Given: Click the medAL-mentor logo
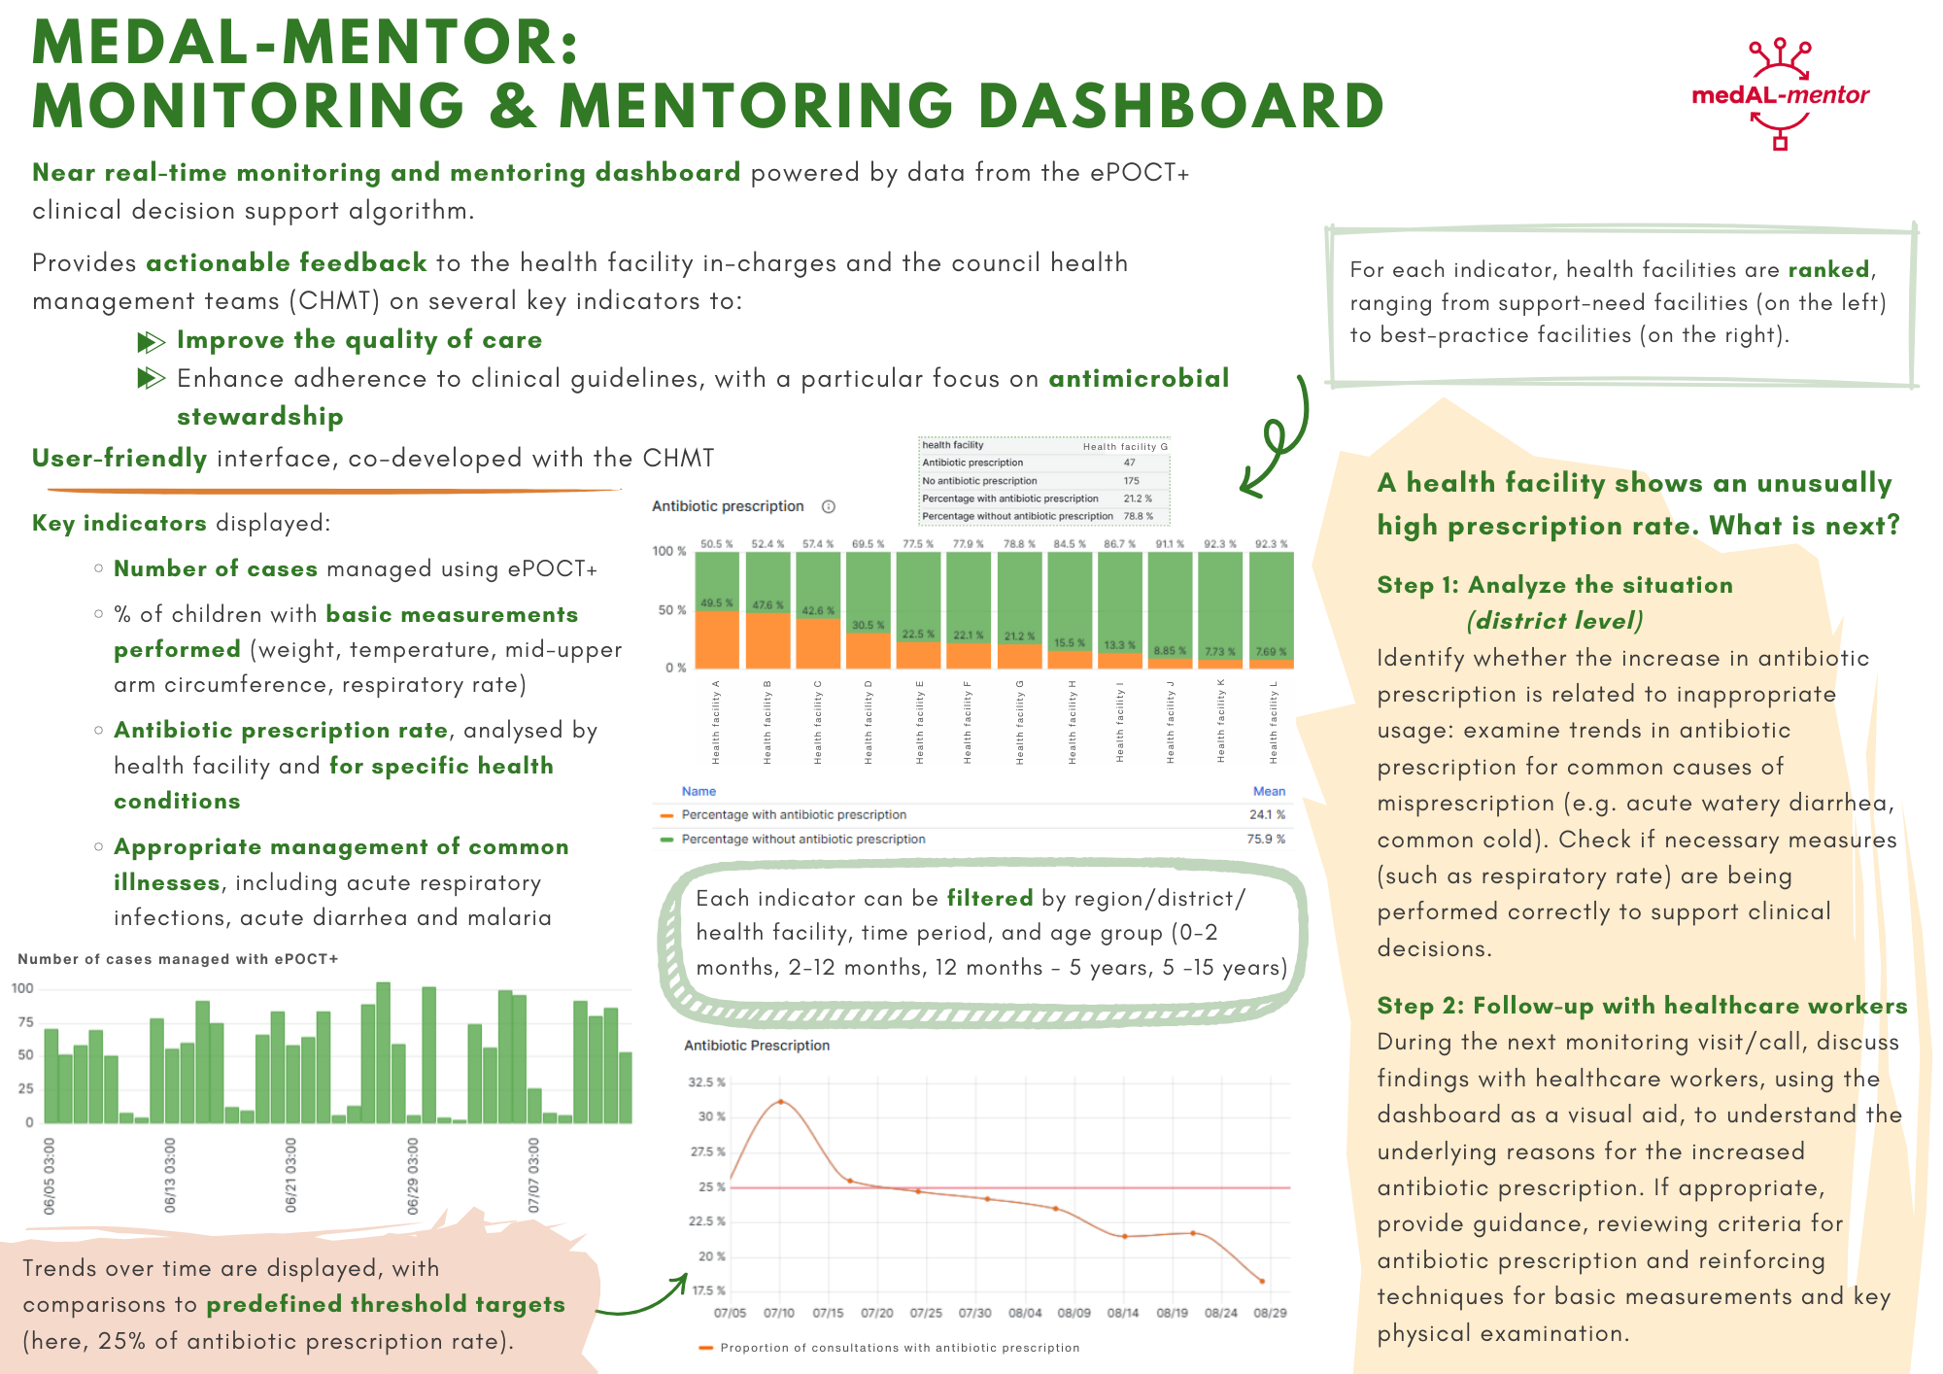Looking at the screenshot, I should tap(1780, 94).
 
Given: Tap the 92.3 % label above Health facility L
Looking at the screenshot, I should tap(1271, 544).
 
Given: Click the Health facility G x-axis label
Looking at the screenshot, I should tap(1020, 722).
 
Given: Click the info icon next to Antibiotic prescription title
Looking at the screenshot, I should tap(829, 506).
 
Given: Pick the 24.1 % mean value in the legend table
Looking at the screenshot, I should tap(1267, 815).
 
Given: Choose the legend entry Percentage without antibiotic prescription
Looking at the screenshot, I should tap(802, 840).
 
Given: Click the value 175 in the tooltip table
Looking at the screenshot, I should tap(1132, 481).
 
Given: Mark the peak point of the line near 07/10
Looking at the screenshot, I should tap(781, 1101).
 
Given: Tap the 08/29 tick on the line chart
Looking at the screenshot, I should tap(1270, 1313).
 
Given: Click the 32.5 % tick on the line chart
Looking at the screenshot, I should tap(706, 1082).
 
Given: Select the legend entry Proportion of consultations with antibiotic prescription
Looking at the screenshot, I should tap(899, 1348).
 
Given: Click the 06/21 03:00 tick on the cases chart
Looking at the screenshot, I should tap(290, 1175).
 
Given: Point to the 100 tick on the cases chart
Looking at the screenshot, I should tap(22, 988).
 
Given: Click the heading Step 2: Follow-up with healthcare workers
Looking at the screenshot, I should tap(1642, 1006).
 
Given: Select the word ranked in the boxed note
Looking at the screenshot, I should tap(1828, 269).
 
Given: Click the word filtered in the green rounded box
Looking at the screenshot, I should tap(990, 898).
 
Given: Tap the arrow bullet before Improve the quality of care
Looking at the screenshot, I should tap(151, 341).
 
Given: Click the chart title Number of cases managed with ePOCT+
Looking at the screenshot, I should tap(178, 959).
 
